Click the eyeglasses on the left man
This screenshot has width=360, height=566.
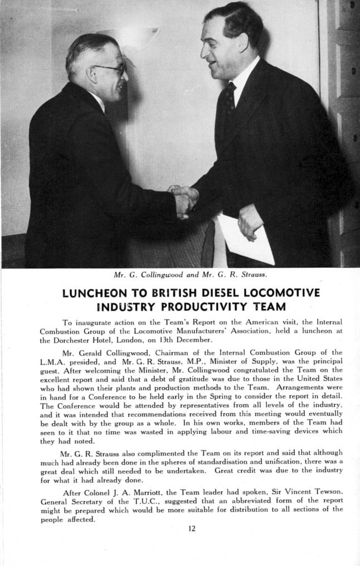click(110, 69)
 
